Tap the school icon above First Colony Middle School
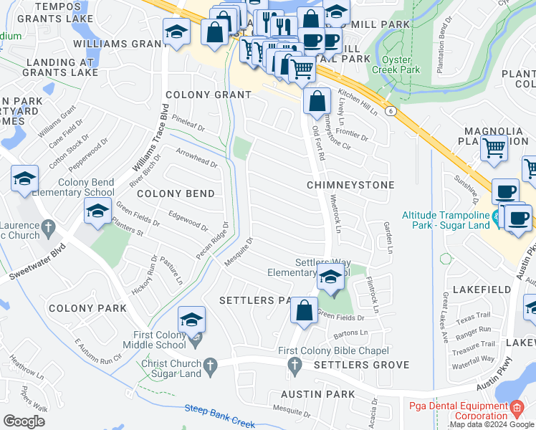191,319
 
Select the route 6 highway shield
390,111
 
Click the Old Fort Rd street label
317,143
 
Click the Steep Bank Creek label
220,416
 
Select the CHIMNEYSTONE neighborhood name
350,185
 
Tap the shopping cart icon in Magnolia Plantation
494,148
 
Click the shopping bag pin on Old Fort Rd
317,101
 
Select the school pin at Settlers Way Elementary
330,277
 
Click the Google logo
24,421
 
